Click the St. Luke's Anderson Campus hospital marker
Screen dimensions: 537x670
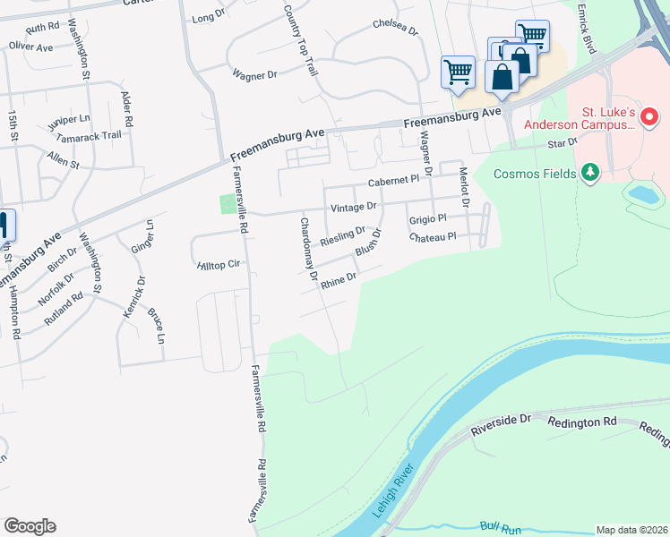pyautogui.click(x=650, y=117)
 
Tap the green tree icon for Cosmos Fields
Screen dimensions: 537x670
pyautogui.click(x=589, y=171)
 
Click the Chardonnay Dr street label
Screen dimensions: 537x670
pyautogui.click(x=309, y=250)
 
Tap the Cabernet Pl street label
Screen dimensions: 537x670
pyautogui.click(x=393, y=180)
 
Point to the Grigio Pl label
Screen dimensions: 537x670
pyautogui.click(x=427, y=219)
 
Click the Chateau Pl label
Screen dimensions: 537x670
pyautogui.click(x=433, y=236)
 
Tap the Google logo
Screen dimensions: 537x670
pyautogui.click(x=30, y=526)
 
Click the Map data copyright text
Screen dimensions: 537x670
pyautogui.click(x=631, y=530)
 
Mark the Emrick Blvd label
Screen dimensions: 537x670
pyautogui.click(x=587, y=27)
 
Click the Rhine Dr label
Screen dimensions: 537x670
pyautogui.click(x=339, y=280)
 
